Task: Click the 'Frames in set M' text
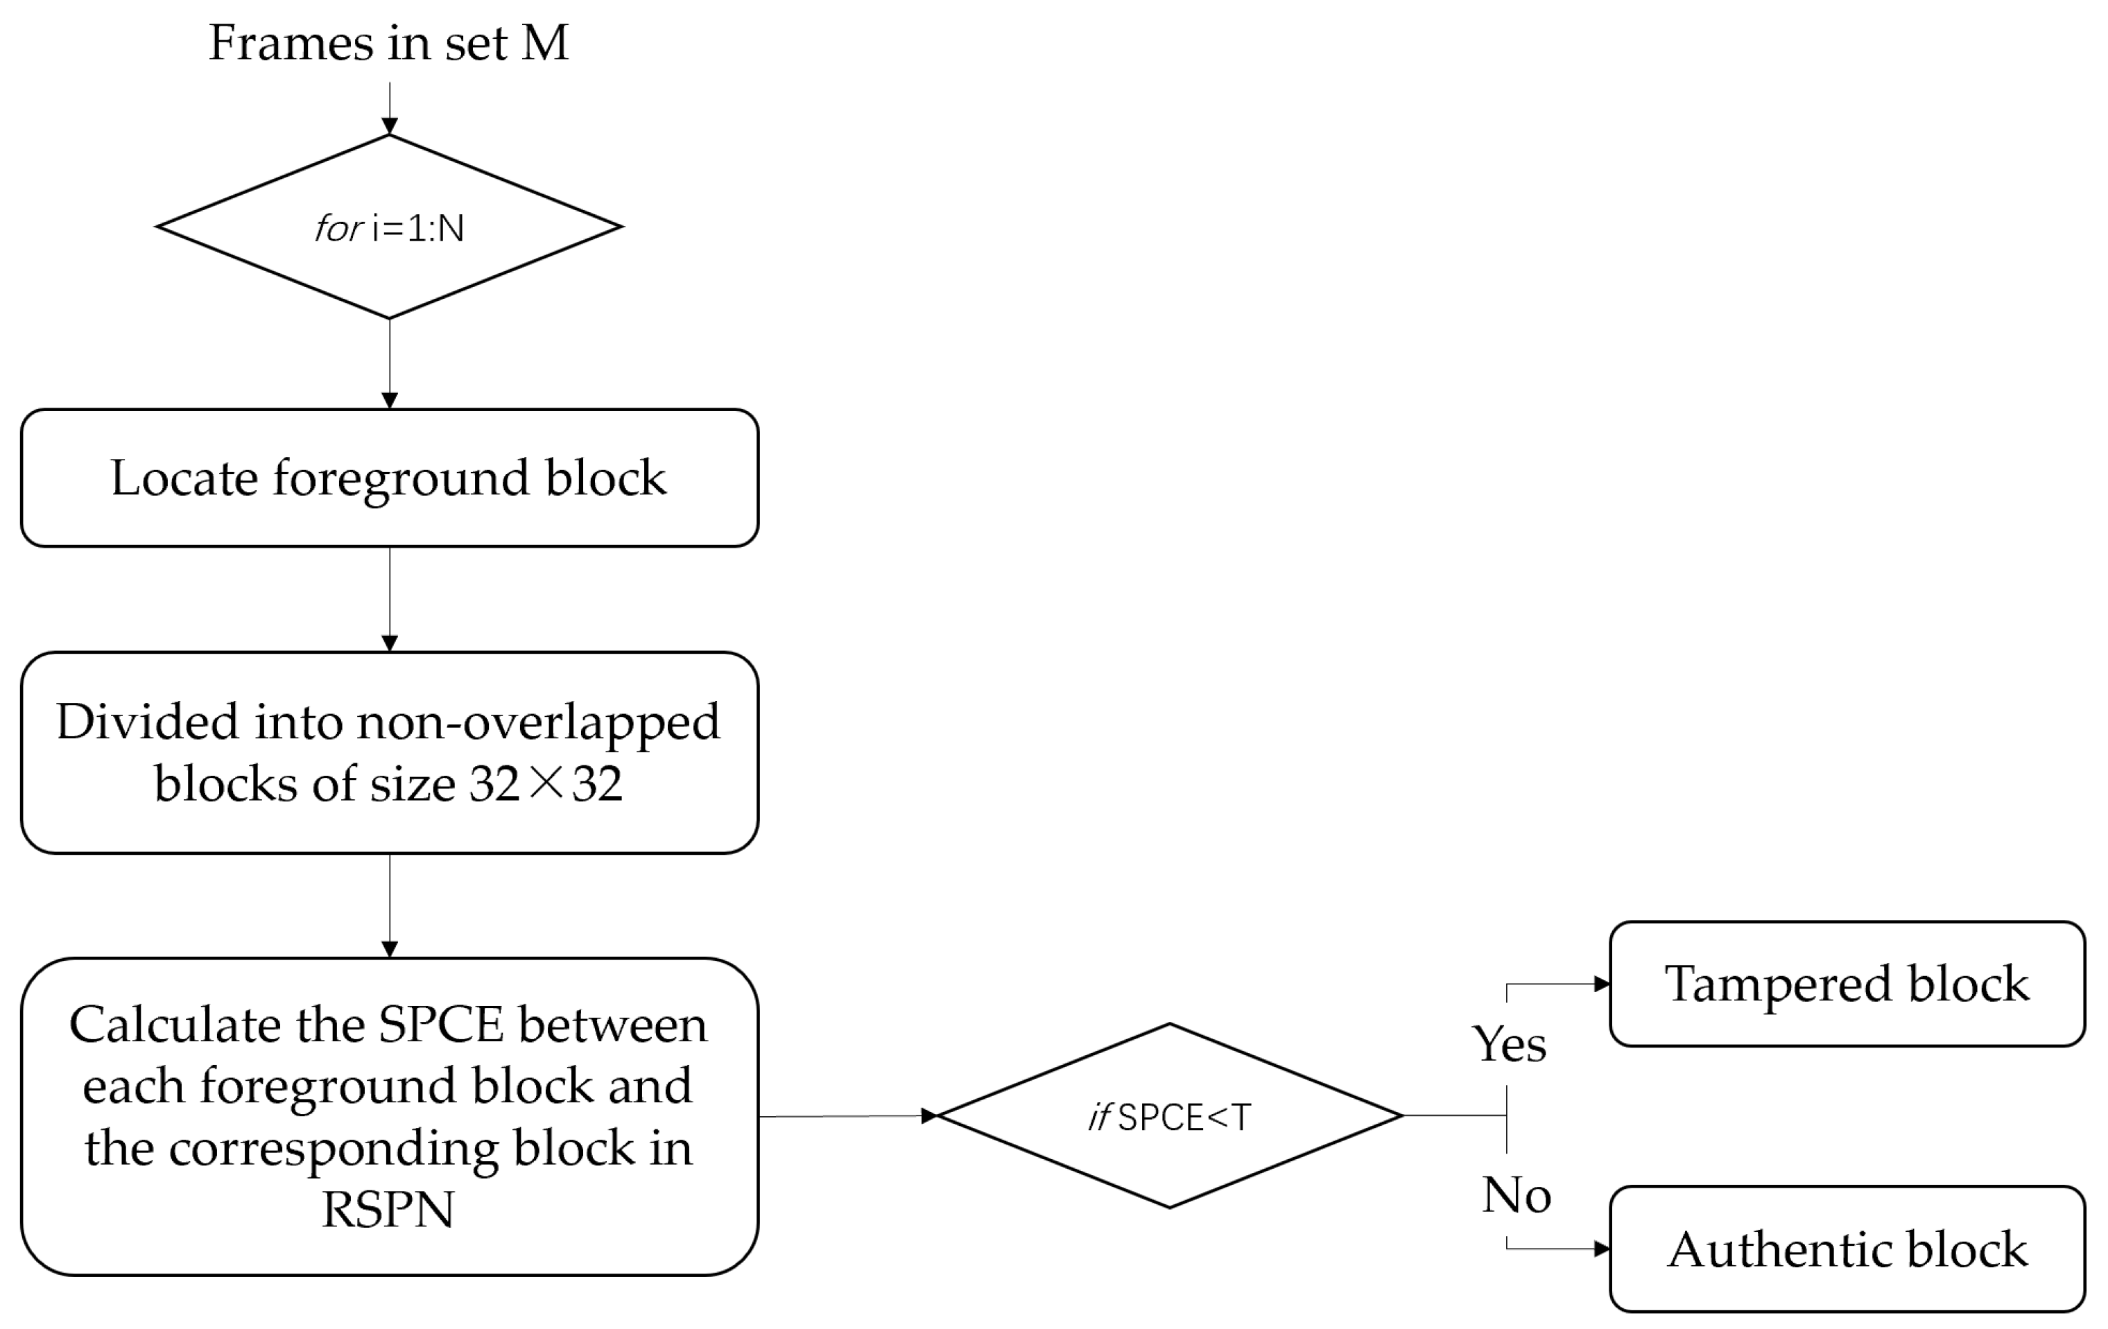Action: click(x=389, y=43)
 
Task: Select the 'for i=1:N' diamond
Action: click(x=389, y=227)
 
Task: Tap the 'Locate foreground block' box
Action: click(x=389, y=478)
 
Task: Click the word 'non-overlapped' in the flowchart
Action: click(x=537, y=723)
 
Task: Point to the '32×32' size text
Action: click(x=546, y=783)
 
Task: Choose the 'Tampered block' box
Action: click(x=1847, y=984)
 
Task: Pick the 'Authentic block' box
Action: click(x=1847, y=1249)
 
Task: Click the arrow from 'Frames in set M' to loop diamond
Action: click(x=390, y=110)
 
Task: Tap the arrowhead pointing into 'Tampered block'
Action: click(x=1601, y=984)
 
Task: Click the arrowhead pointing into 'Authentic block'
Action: click(x=1601, y=1249)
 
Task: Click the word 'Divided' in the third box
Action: click(x=148, y=723)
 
